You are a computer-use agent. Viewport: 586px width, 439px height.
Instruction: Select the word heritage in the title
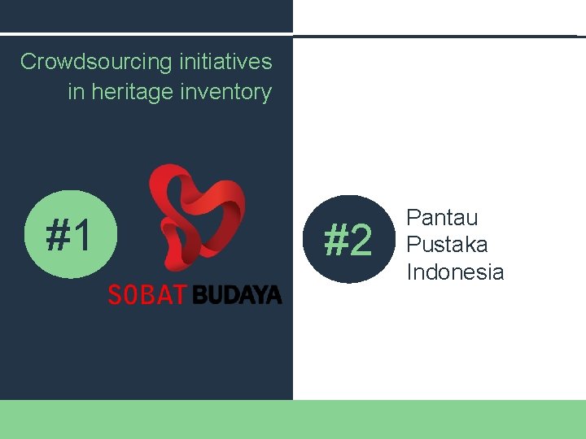pos(131,92)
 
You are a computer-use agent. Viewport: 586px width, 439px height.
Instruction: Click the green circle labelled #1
pos(70,234)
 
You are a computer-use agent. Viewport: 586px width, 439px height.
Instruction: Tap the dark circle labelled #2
pos(348,240)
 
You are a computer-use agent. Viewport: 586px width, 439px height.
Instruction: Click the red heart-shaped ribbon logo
pos(196,215)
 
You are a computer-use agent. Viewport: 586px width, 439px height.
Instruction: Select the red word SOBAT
pos(147,294)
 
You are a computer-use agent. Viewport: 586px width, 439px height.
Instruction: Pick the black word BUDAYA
pos(237,294)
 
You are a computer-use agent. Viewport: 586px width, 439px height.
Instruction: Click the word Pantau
pos(442,218)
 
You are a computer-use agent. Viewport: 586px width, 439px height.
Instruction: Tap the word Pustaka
pos(447,245)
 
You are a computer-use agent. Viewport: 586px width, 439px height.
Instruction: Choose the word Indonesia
pos(455,272)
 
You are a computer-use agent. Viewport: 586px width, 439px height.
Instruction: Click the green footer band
pos(293,419)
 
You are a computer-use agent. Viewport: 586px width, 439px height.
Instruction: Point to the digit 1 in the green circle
pos(82,235)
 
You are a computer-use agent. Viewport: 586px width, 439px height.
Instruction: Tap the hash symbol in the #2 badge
pos(335,241)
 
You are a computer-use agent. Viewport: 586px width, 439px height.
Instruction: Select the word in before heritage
pos(76,92)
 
